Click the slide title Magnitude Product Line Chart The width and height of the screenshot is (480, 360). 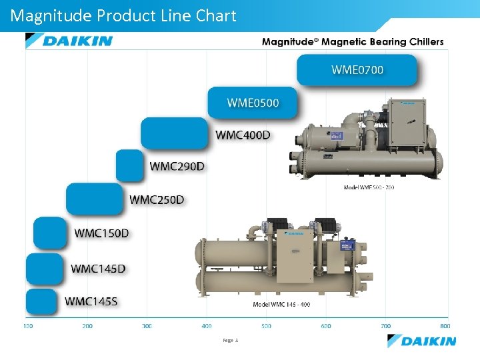tap(124, 15)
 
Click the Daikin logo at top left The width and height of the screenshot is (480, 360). tap(69, 41)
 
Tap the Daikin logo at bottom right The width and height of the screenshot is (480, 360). tap(422, 341)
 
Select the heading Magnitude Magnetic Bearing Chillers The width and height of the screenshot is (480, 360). tap(352, 41)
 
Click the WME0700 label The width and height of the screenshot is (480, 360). tap(357, 69)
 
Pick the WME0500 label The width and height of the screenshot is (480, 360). tap(253, 103)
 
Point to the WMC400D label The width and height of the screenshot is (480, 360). tap(243, 135)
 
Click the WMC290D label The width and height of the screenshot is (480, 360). tap(177, 166)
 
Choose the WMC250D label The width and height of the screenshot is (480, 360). tap(157, 199)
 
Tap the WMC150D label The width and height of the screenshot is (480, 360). tap(101, 233)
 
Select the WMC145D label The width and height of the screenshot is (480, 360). tap(98, 269)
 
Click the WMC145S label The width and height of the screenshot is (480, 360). tap(91, 301)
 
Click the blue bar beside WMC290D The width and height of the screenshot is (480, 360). tap(130, 165)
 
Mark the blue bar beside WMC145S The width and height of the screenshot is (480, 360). tap(42, 301)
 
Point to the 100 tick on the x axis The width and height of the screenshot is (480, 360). tap(29, 326)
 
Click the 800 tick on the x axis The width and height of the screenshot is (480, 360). tap(445, 326)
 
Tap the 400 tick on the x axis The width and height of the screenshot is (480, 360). tap(207, 326)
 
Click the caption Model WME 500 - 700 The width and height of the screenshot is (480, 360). tap(369, 187)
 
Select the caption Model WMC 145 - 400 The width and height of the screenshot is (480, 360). tap(281, 305)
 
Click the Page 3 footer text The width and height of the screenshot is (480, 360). tap(230, 340)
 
